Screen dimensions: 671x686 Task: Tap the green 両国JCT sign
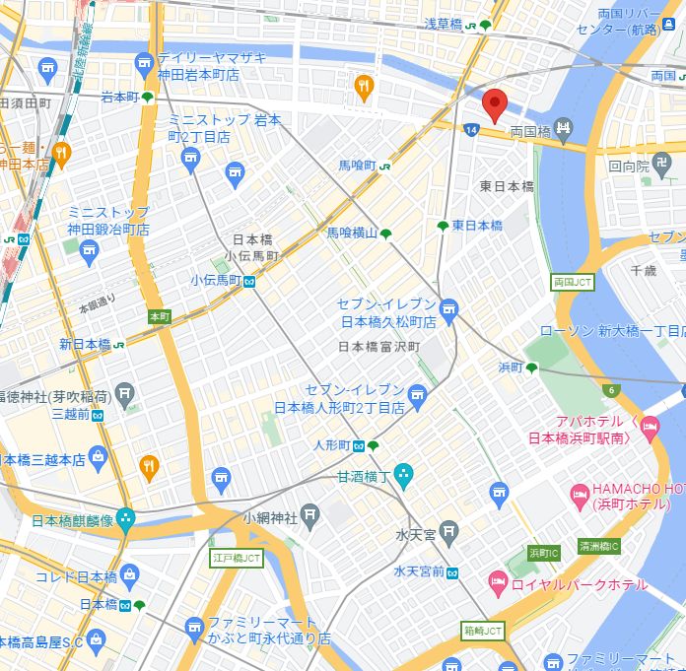[x=573, y=282]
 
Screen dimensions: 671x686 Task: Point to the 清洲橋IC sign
[x=599, y=547]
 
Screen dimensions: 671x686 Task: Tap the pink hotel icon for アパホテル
[x=648, y=427]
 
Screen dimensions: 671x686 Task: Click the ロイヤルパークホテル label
[x=580, y=585]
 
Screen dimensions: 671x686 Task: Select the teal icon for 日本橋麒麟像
[x=125, y=518]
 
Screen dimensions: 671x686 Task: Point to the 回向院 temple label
[x=628, y=167]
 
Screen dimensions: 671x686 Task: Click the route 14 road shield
[x=473, y=129]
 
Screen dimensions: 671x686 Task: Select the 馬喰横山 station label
[x=352, y=234]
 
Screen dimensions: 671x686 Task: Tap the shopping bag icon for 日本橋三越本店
[x=98, y=456]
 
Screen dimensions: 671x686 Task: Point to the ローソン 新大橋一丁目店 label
[x=611, y=331]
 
